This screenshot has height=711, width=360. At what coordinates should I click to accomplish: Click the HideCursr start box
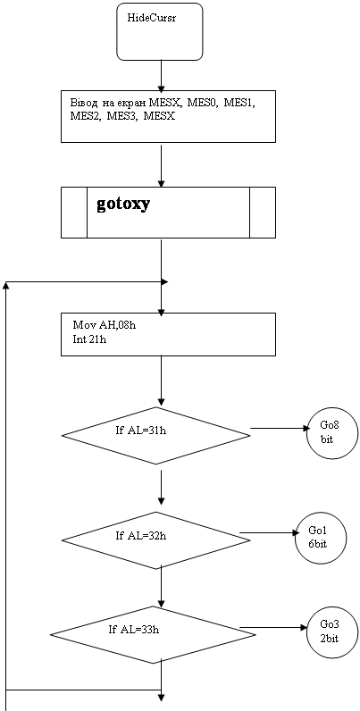coord(160,32)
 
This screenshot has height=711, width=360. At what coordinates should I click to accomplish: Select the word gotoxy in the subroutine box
coord(123,205)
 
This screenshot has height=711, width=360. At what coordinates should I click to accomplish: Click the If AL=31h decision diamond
coord(156,435)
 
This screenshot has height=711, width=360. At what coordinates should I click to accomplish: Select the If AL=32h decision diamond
coord(156,540)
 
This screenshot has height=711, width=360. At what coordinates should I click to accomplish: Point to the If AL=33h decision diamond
coord(144,634)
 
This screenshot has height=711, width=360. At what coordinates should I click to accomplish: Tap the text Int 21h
coord(89,339)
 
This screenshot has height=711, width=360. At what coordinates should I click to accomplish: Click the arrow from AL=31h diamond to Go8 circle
coord(279,428)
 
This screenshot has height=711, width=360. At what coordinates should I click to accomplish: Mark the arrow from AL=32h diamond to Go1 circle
coord(267,533)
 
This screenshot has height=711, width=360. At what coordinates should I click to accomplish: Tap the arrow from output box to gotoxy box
coord(162,165)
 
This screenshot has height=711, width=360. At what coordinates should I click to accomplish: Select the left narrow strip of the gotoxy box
coord(74,213)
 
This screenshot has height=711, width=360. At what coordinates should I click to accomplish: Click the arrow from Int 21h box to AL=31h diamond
coord(162,380)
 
